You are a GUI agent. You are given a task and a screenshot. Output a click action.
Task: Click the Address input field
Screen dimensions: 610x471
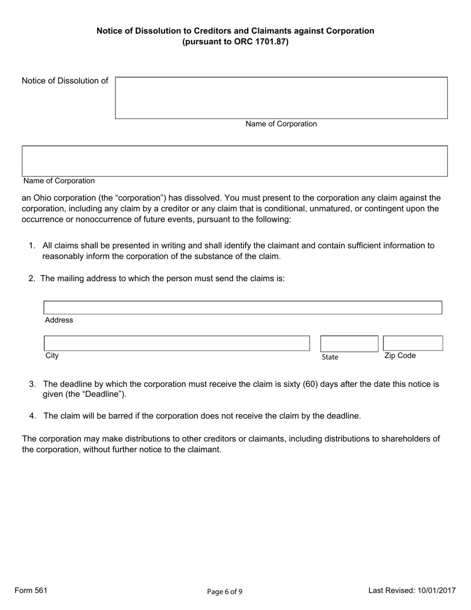pyautogui.click(x=242, y=307)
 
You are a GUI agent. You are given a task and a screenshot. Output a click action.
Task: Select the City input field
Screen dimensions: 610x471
pyautogui.click(x=177, y=343)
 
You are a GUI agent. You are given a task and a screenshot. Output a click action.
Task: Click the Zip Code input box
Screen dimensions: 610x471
pyautogui.click(x=413, y=343)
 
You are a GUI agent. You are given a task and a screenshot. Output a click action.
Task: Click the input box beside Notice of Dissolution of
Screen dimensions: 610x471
pyautogui.click(x=281, y=98)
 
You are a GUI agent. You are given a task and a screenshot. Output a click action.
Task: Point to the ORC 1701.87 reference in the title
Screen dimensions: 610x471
pyautogui.click(x=260, y=42)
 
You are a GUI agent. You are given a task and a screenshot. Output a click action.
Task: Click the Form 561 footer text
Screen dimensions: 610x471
pyautogui.click(x=31, y=590)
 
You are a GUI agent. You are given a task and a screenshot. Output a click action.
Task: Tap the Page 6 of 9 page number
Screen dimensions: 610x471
pyautogui.click(x=225, y=591)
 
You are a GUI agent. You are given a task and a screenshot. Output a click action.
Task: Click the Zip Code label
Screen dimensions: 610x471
pyautogui.click(x=400, y=356)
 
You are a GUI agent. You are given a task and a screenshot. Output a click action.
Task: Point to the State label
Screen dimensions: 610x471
pyautogui.click(x=330, y=357)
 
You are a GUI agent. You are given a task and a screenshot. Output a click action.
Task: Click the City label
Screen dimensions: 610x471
pyautogui.click(x=52, y=356)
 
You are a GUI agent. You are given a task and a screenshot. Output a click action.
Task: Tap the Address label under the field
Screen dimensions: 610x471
pyautogui.click(x=59, y=320)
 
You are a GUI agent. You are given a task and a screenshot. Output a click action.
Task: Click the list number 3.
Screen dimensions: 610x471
pyautogui.click(x=32, y=384)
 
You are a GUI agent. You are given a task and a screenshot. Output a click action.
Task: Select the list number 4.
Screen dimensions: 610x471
pyautogui.click(x=32, y=416)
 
